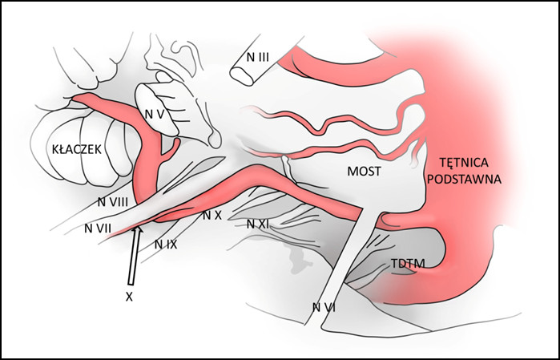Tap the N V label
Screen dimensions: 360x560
point(155,115)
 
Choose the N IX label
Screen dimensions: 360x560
point(165,243)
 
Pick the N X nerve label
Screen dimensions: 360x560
point(211,215)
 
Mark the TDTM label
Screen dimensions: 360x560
point(407,262)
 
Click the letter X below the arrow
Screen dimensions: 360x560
point(128,296)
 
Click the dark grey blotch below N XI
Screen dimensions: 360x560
point(298,256)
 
